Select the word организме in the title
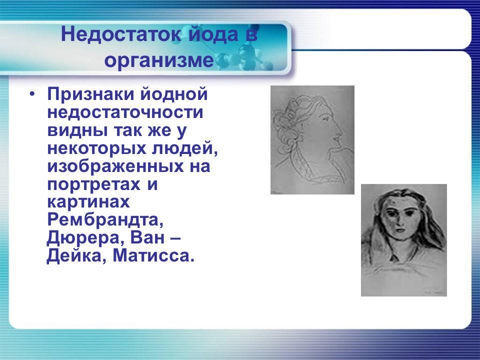pos(159,60)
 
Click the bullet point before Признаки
pos(32,94)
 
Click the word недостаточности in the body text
pos(125,112)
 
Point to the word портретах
pos(94,184)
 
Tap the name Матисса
pos(152,256)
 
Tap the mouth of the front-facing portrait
pos(400,233)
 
